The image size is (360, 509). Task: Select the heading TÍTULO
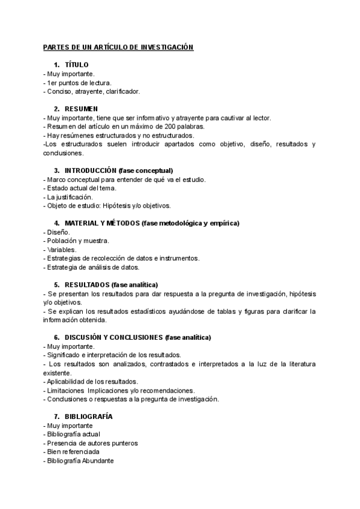point(76,65)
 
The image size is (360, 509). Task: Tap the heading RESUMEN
point(81,109)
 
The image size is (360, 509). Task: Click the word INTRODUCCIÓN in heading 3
point(91,170)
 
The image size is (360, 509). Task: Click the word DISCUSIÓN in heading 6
point(86,337)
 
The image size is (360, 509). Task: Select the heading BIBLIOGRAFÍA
point(88,416)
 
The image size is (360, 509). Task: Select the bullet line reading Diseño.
point(58,232)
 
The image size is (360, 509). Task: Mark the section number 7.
point(56,416)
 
